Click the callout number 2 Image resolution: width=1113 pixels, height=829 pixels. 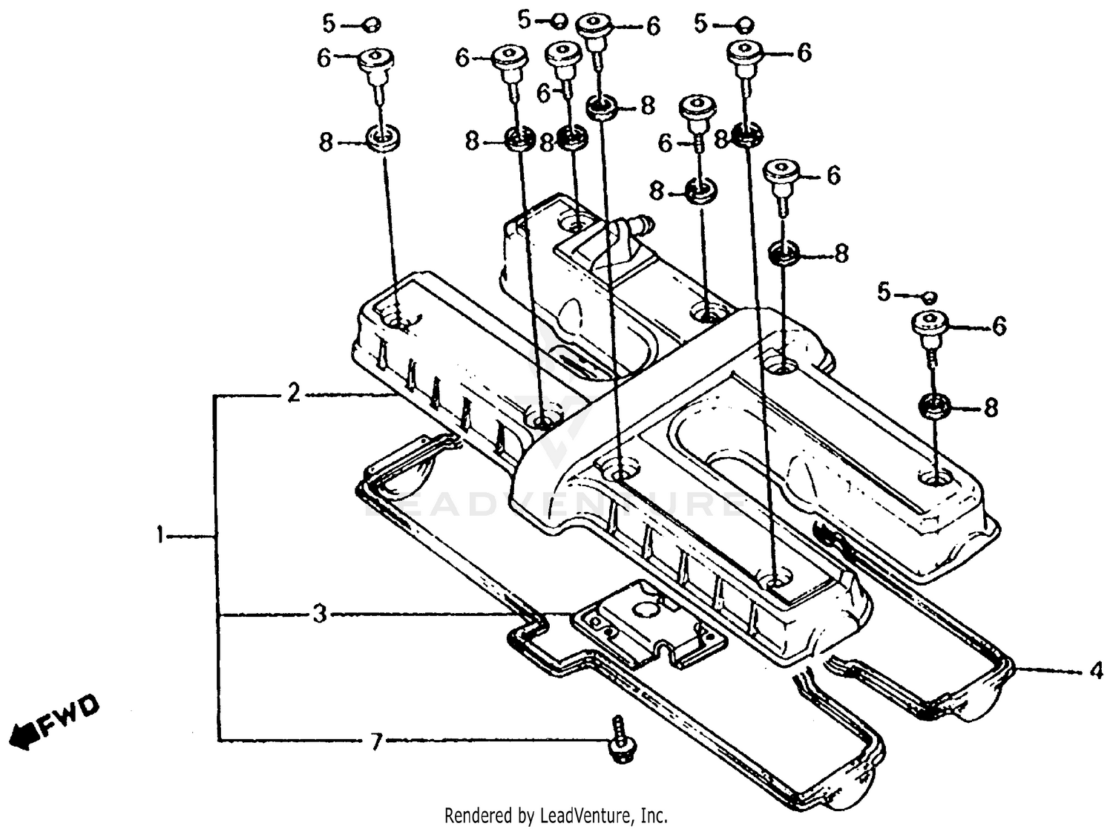pos(294,394)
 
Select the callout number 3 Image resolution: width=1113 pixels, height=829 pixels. pos(319,614)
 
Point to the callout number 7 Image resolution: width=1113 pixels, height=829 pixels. pos(376,740)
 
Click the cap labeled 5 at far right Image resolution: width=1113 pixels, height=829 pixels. pos(927,297)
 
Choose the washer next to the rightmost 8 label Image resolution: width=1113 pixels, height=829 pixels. pos(936,407)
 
